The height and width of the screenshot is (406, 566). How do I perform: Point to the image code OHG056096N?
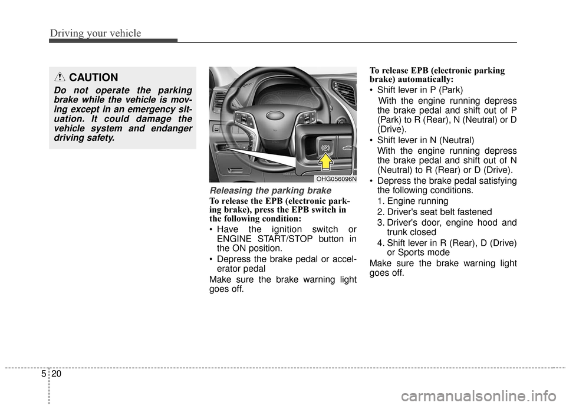[335, 179]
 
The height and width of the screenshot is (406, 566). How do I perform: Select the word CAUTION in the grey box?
[93, 78]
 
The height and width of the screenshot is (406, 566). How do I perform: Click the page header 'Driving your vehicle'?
[96, 33]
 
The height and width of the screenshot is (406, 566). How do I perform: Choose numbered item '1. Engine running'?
[412, 201]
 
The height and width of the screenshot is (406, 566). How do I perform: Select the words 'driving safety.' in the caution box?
[84, 137]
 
